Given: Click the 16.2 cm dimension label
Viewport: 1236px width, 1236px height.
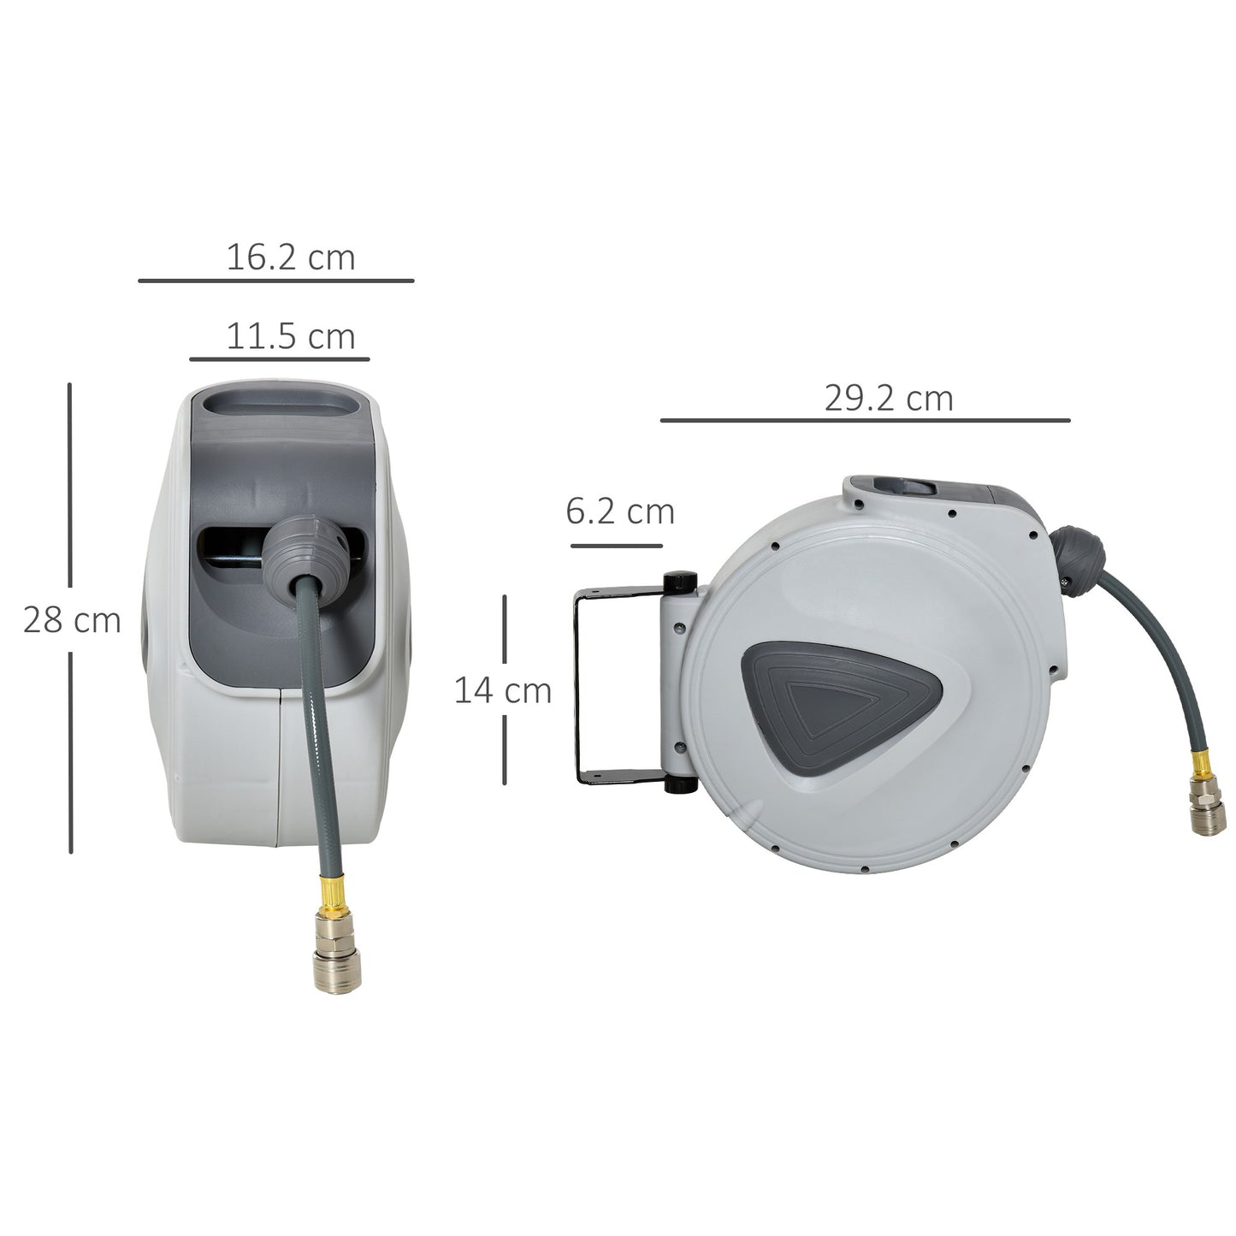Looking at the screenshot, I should [x=290, y=257].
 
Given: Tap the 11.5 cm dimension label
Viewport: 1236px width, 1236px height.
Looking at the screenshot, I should [x=290, y=337].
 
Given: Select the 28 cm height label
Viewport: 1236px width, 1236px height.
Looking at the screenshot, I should [x=72, y=620].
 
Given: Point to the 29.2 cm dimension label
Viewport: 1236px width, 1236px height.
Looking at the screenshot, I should [x=888, y=399].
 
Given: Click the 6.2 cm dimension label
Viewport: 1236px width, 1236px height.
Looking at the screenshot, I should [x=620, y=512].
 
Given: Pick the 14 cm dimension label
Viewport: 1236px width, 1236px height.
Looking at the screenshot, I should [x=502, y=690].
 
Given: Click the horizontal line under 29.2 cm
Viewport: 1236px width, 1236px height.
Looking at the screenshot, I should [x=865, y=421].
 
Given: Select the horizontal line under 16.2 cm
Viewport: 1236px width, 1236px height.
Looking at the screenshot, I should [x=275, y=281].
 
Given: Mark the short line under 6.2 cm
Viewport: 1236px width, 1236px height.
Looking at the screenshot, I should [x=616, y=546].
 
